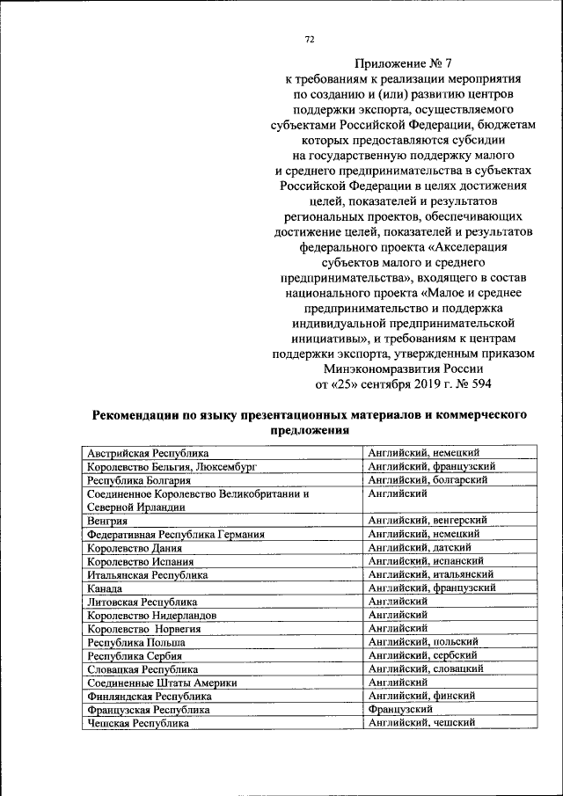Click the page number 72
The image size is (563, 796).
click(310, 39)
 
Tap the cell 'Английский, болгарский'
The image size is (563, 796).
click(428, 480)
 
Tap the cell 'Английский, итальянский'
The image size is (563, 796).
click(430, 574)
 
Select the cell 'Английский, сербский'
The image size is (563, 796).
click(422, 655)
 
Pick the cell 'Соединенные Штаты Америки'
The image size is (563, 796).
click(162, 683)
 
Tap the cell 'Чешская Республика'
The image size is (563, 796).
click(137, 723)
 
